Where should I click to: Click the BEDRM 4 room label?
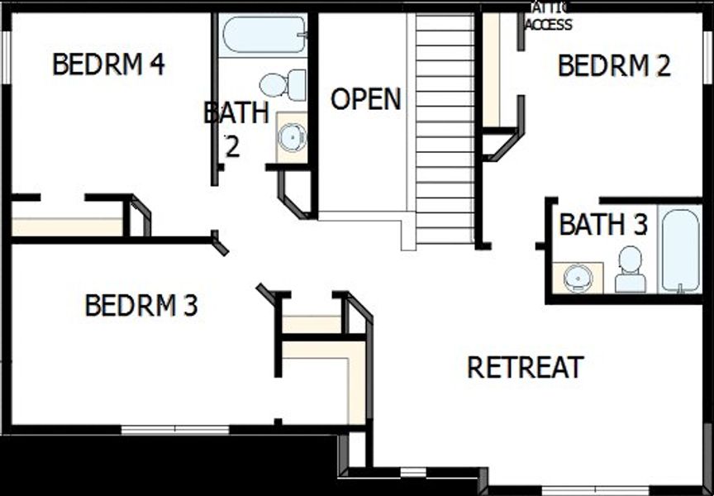[x=108, y=64]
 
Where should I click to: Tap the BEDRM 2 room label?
[x=614, y=66]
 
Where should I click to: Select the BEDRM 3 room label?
[x=141, y=306]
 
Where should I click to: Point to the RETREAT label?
[x=526, y=367]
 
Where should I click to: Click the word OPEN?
[x=365, y=99]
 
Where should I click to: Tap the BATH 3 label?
[x=603, y=225]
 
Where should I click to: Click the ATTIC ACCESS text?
[x=549, y=17]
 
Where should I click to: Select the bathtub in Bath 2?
[x=264, y=35]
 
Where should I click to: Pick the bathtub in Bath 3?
[x=680, y=250]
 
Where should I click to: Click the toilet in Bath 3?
[x=631, y=269]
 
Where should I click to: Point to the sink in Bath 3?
[x=576, y=278]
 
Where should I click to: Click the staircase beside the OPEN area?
[x=444, y=128]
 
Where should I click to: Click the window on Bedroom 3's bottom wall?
[x=175, y=430]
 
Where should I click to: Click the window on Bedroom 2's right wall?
[x=709, y=58]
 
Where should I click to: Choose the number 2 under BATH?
[x=232, y=146]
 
